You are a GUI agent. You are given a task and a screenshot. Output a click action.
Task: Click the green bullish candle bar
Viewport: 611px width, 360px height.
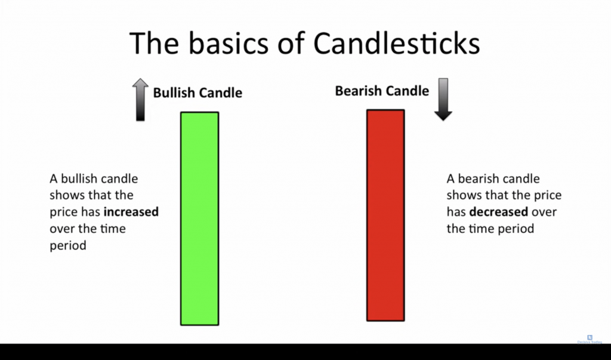point(199,219)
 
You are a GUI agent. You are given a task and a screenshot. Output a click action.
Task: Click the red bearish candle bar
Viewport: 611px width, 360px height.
point(385,216)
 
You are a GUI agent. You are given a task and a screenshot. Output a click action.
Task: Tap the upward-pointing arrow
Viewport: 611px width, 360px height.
point(140,100)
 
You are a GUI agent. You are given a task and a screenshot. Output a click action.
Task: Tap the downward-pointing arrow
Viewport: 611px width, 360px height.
point(443,100)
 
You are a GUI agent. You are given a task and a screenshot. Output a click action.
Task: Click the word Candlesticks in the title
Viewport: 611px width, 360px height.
point(397,44)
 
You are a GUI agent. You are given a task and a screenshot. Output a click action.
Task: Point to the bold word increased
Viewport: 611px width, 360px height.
point(131,212)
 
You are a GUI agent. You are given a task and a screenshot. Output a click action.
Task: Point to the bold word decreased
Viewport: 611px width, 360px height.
point(499,212)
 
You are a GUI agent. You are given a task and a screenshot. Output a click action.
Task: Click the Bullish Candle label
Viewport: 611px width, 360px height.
point(198,93)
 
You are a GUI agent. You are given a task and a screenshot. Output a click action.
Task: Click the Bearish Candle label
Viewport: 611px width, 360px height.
point(382,91)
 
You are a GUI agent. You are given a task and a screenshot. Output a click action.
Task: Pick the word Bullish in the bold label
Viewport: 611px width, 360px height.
point(174,93)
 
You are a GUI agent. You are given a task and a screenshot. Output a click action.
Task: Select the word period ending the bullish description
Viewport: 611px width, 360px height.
point(68,246)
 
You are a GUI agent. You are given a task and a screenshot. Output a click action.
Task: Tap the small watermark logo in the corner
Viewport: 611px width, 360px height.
point(590,338)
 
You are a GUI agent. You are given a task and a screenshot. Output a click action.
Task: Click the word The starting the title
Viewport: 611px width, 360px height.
point(155,44)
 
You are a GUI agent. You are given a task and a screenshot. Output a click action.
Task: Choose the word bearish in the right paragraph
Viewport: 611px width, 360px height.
point(474,179)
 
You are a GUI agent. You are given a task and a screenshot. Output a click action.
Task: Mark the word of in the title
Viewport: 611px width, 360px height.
point(291,44)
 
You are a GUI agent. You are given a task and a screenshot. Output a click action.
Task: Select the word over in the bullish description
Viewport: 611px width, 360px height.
point(62,229)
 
